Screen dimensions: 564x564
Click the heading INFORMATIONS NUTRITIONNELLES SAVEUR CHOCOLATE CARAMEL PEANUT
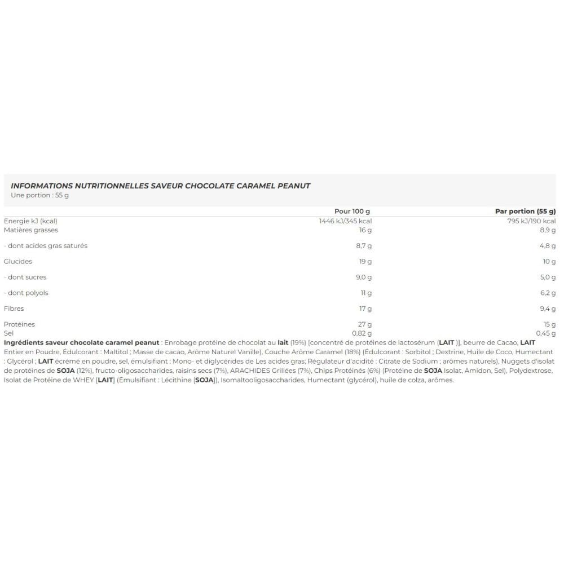(x=161, y=186)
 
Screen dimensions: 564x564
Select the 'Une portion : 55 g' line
(x=39, y=195)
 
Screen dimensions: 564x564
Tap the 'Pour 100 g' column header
(x=352, y=211)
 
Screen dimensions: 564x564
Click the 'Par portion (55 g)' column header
(x=525, y=211)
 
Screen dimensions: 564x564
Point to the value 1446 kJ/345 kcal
(x=345, y=221)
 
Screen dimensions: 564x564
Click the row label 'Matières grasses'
(x=31, y=230)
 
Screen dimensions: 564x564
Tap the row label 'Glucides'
(x=18, y=261)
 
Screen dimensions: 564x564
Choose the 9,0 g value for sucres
(x=363, y=277)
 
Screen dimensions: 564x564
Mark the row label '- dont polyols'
(x=27, y=293)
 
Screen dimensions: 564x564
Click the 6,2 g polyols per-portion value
(x=547, y=293)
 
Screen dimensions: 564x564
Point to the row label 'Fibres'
(x=15, y=309)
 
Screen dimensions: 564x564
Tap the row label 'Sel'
(x=8, y=333)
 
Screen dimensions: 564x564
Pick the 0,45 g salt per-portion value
(x=545, y=333)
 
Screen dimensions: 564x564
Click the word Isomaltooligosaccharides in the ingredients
(x=266, y=380)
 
